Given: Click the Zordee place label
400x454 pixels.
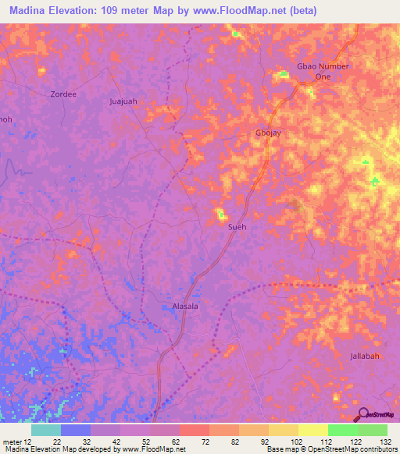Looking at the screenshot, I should [63, 94].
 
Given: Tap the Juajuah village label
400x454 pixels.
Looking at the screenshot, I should [123, 101].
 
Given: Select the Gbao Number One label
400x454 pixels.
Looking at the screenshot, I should [323, 72].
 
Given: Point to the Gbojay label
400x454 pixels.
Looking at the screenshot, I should [268, 133].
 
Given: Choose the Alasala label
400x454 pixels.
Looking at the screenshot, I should [185, 307].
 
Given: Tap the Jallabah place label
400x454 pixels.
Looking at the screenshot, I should [365, 356].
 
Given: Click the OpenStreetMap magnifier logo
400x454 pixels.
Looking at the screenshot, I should [362, 415].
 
